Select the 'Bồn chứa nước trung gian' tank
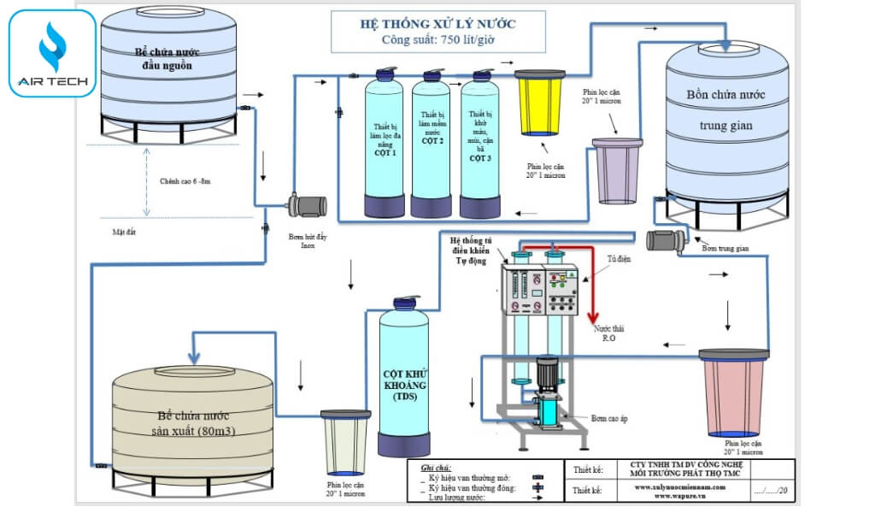726,128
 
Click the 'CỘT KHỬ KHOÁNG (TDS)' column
404,380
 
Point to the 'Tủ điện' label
619,258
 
